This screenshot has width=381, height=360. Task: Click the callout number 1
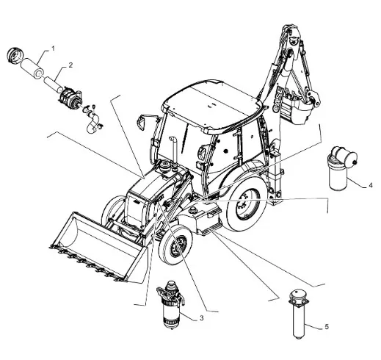53,48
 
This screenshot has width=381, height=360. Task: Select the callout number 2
70,65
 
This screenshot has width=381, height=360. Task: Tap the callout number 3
201,318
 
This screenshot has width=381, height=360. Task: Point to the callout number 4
371,185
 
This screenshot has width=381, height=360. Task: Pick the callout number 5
327,326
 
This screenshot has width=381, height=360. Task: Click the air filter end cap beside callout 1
14,57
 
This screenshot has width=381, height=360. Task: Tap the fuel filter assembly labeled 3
170,305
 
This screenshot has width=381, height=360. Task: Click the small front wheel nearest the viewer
175,245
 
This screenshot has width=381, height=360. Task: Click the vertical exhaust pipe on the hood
174,151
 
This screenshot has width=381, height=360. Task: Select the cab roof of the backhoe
212,105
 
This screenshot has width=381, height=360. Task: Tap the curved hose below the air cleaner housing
93,123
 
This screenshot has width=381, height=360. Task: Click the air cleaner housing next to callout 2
69,96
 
